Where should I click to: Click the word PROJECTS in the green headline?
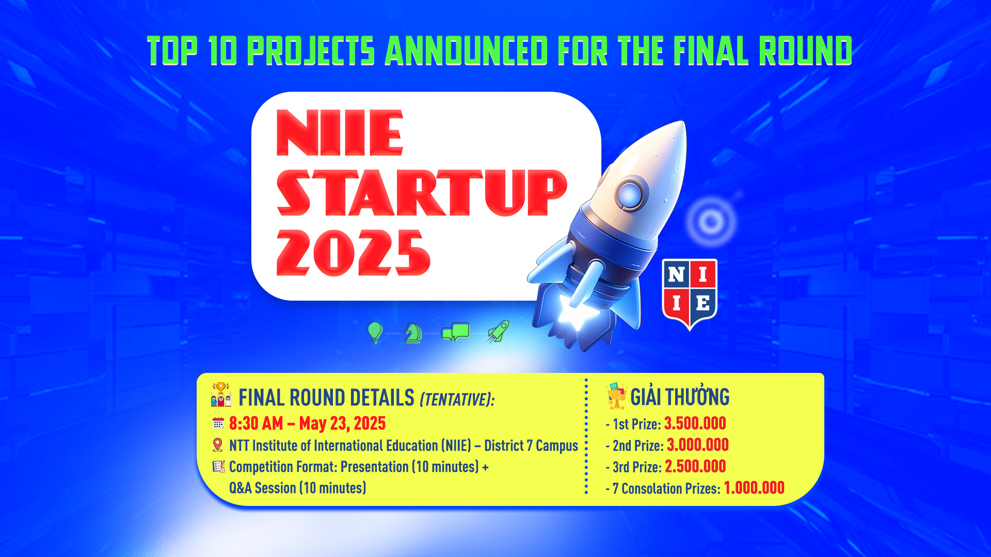coord(311,51)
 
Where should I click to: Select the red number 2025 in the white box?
coord(353,253)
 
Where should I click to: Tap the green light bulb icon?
coord(375,332)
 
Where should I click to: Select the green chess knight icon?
coord(413,333)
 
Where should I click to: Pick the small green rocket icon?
coord(499,332)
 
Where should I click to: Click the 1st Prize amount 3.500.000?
coord(695,423)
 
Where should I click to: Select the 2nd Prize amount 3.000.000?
coord(698,445)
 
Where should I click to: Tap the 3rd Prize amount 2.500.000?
coord(695,466)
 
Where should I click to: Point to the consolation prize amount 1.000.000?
coord(754,488)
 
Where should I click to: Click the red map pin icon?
coord(218,445)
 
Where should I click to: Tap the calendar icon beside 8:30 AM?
coord(218,423)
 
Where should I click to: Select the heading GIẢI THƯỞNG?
coord(680,397)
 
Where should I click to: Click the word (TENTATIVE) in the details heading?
coord(457,399)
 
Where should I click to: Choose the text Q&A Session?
coord(263,488)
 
